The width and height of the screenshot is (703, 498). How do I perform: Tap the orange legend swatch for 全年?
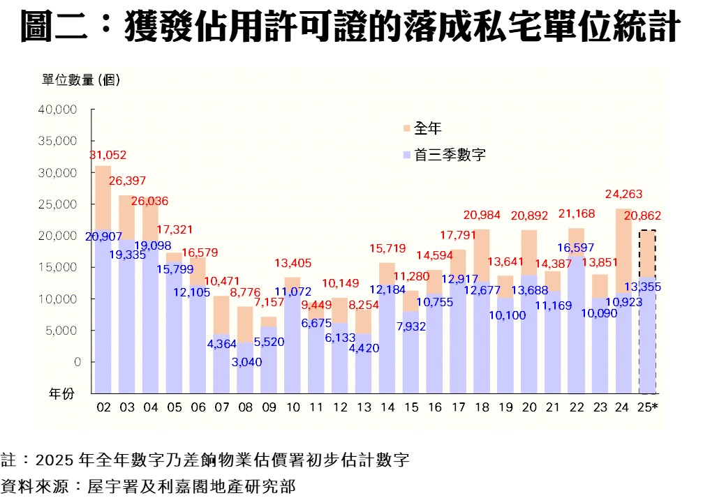406,128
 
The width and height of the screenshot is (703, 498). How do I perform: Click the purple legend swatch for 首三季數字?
406,156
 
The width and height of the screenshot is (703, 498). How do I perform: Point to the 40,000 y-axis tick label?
62,110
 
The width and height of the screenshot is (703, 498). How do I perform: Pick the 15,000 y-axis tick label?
62,267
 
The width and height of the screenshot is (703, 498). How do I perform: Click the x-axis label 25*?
649,407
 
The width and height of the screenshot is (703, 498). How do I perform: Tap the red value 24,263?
623,195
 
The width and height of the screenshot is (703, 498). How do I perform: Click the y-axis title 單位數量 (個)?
80,80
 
